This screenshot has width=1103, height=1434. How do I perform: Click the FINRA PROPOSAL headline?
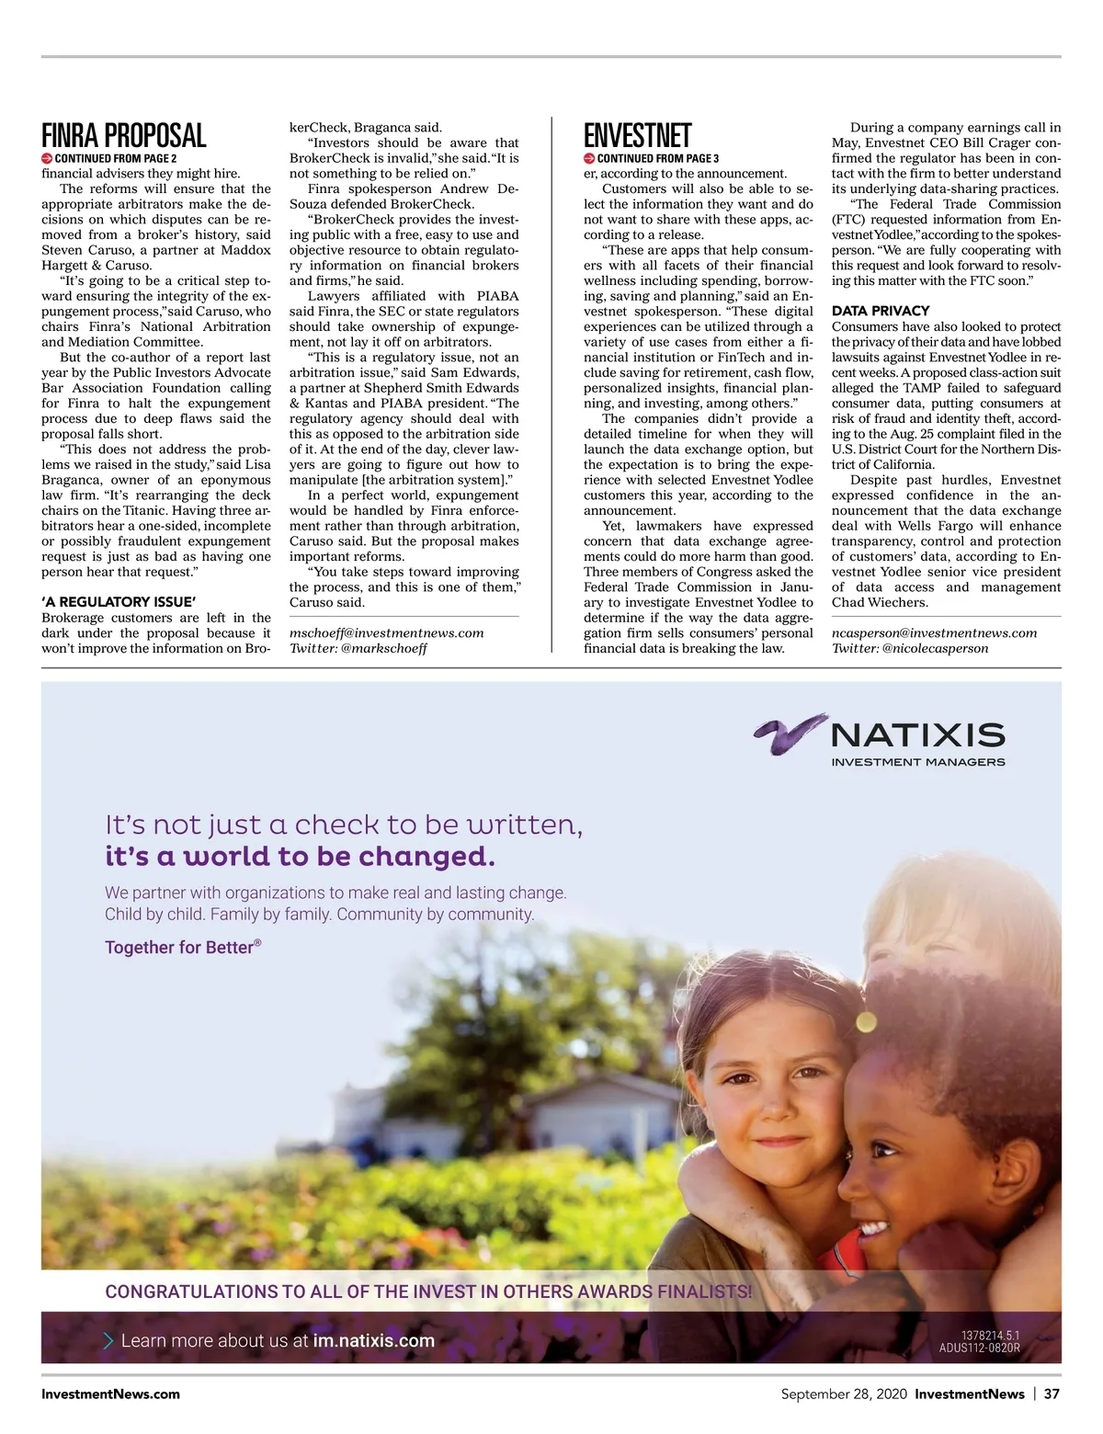tap(123, 136)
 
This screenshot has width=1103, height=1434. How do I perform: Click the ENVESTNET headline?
tap(637, 136)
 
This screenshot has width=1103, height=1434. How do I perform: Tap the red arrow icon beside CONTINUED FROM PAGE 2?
tap(47, 158)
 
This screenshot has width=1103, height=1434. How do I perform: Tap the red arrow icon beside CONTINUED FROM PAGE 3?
tap(589, 158)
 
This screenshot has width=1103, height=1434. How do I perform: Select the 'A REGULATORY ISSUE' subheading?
tap(119, 602)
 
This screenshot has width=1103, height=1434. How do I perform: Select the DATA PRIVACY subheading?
tap(880, 311)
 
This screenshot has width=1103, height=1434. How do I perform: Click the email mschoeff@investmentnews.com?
tap(386, 632)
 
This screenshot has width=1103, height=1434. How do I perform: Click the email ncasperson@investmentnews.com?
tap(934, 632)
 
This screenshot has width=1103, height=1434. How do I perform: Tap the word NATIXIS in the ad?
tap(917, 734)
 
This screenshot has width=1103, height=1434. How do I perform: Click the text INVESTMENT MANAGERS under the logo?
tap(917, 762)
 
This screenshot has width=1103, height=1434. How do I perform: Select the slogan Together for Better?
tap(182, 947)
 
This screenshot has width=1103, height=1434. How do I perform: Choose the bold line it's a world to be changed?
tap(300, 857)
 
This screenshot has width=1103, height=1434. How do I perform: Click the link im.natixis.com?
tap(373, 1340)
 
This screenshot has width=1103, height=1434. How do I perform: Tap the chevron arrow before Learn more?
tap(109, 1340)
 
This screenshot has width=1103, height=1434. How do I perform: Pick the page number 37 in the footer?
tap(1052, 1394)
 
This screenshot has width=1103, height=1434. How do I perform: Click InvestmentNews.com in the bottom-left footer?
tap(110, 1394)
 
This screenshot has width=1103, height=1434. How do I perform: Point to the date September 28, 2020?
tap(843, 1394)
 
